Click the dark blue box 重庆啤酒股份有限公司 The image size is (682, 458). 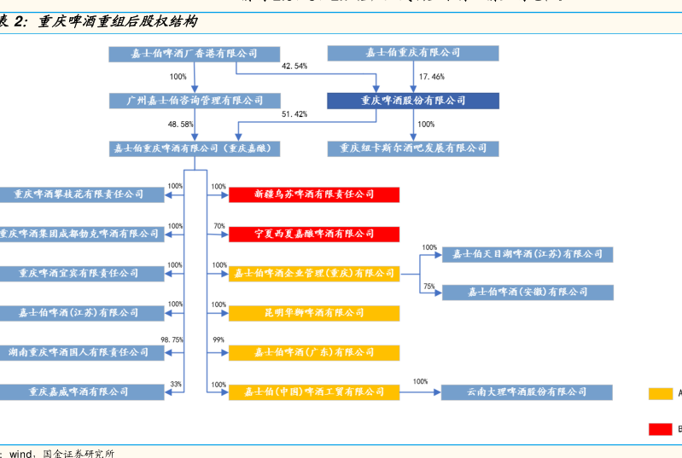(413, 101)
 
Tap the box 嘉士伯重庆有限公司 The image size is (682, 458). (413, 53)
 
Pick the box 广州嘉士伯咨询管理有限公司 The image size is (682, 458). (195, 101)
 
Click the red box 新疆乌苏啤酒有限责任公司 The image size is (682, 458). (314, 194)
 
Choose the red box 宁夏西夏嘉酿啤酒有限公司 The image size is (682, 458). (314, 234)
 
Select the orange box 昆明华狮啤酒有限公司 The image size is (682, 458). (314, 313)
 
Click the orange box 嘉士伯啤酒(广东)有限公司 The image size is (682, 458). (314, 352)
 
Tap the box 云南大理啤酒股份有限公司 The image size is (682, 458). (527, 391)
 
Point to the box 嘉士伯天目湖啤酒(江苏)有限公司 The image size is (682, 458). (527, 254)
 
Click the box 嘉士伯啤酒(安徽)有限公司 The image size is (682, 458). (527, 293)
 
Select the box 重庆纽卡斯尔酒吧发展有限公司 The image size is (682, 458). (413, 148)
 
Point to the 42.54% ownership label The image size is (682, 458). (294, 66)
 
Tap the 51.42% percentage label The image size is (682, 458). (294, 114)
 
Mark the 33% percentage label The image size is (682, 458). (176, 385)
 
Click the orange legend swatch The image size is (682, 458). (661, 393)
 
